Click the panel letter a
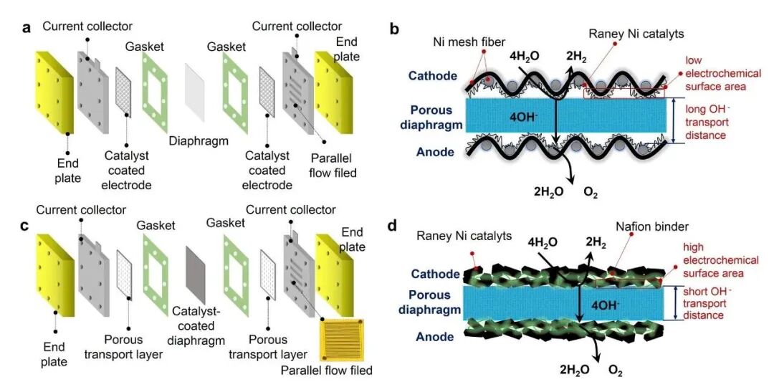click(x=27, y=29)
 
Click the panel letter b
click(x=393, y=29)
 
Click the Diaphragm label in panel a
click(x=199, y=141)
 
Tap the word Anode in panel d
click(x=436, y=335)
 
